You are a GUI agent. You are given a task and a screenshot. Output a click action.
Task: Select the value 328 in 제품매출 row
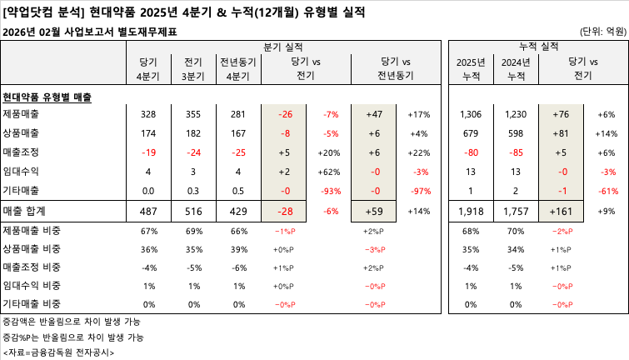click(x=148, y=114)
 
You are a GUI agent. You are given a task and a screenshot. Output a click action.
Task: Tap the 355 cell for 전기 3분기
click(x=193, y=114)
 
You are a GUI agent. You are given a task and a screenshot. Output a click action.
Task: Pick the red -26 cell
click(x=286, y=114)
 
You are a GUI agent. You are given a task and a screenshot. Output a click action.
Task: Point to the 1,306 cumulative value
click(x=472, y=114)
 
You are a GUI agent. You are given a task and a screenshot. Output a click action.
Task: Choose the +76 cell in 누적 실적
click(x=561, y=114)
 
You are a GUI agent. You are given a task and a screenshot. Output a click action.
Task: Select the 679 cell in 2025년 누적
click(x=472, y=133)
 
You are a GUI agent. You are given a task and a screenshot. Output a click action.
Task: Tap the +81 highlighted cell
click(x=561, y=133)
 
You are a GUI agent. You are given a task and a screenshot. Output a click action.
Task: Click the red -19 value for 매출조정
click(x=148, y=152)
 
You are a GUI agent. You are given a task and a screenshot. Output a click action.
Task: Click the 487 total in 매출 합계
click(x=148, y=212)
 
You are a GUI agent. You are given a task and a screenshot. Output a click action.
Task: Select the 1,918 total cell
click(x=472, y=212)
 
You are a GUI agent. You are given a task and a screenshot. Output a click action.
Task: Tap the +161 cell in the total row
click(x=561, y=212)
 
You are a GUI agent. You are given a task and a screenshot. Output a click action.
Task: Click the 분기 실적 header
click(x=284, y=44)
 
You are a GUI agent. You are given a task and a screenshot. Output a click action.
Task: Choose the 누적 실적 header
click(x=539, y=44)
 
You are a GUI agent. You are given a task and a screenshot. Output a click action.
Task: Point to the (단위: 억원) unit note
click(x=602, y=32)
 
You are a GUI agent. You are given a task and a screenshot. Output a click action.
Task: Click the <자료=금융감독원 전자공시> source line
click(x=58, y=352)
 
